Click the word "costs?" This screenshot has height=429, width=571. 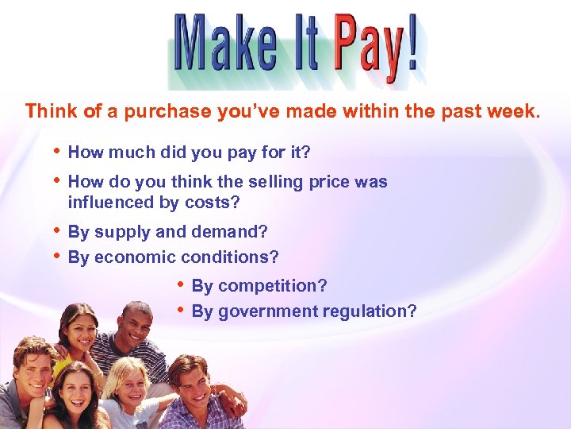click(x=213, y=203)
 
